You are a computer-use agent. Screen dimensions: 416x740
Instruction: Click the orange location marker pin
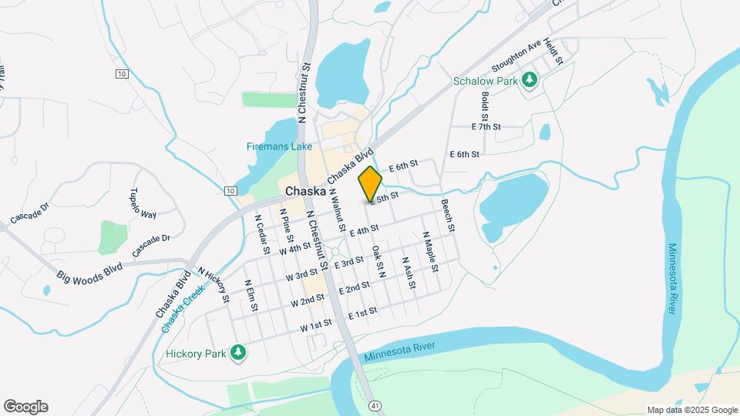click(x=370, y=183)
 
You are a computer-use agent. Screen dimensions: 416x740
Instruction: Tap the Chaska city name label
click(x=307, y=191)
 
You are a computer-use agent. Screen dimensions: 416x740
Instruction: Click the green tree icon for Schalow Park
click(x=530, y=79)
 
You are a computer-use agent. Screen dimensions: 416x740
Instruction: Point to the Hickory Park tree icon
click(x=239, y=353)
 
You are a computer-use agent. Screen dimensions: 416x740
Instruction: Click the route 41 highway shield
click(x=375, y=404)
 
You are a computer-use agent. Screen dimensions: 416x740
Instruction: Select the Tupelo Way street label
click(x=143, y=202)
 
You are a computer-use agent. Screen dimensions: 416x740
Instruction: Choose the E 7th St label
click(x=486, y=126)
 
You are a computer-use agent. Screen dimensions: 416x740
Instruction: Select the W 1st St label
click(x=316, y=327)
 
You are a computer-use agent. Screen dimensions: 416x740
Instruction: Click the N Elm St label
click(x=251, y=296)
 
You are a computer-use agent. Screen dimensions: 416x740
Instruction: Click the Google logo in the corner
click(x=25, y=407)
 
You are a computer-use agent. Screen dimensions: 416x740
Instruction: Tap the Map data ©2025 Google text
click(x=691, y=410)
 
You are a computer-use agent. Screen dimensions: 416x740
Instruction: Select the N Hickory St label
click(x=215, y=284)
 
